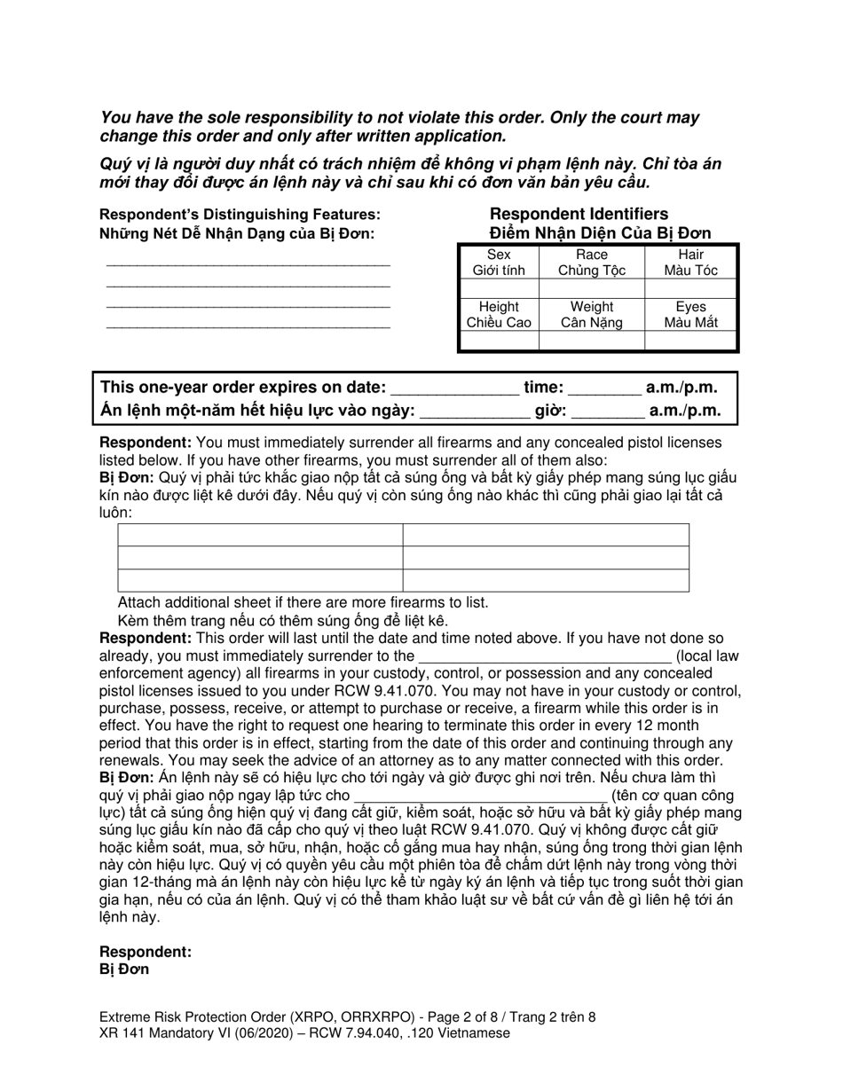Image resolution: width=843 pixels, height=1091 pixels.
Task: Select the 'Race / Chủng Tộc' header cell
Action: coord(591,263)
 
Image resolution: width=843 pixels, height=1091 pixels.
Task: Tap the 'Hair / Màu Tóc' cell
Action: coord(690,263)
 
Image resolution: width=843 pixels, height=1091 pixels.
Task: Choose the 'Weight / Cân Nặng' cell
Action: coord(591,315)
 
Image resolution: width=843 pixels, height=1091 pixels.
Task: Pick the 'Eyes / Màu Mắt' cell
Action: coord(690,315)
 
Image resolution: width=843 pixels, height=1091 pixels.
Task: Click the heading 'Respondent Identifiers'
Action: coord(579,214)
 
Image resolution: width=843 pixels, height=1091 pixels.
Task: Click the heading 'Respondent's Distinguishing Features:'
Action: coord(240,215)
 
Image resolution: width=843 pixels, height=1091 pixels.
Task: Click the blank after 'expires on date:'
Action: coord(454,388)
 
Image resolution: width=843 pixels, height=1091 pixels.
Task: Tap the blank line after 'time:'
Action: coord(603,388)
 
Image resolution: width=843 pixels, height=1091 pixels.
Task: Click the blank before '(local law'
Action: coord(544,656)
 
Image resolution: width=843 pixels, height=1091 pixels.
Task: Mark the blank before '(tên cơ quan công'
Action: coord(480,796)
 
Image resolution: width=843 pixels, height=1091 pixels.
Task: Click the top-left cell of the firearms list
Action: coord(260,535)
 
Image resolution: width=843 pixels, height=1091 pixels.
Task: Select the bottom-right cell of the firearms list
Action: coord(546,580)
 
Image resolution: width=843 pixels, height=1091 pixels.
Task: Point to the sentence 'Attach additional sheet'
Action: coord(303,603)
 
